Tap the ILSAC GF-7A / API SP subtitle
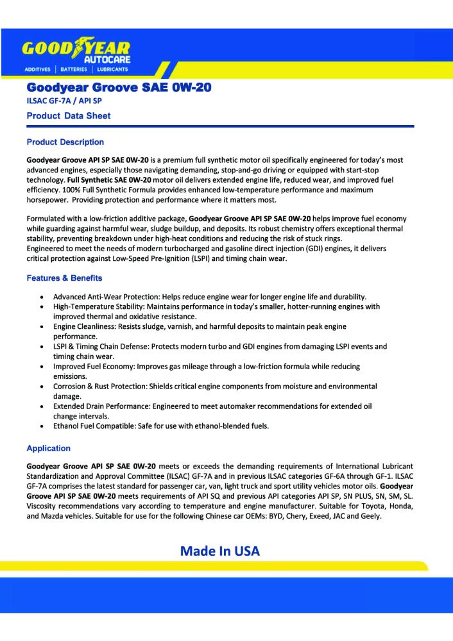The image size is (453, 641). click(64, 101)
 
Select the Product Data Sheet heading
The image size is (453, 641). click(69, 116)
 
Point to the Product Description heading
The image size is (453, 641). click(65, 142)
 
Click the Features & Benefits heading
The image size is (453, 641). click(64, 278)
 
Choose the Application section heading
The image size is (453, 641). click(49, 448)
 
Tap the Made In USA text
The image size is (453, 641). click(220, 551)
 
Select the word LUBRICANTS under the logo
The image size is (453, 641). click(112, 69)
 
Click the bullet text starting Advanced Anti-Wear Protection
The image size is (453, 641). click(209, 297)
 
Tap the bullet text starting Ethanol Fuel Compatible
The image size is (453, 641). click(161, 426)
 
